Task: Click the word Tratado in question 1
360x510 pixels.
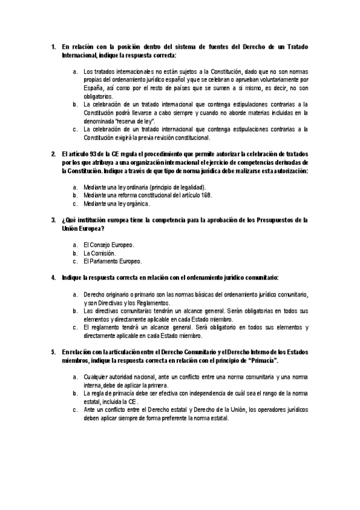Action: [295, 46]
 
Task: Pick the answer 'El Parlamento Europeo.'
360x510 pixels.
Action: [112, 262]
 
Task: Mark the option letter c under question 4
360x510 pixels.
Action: [75, 328]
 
